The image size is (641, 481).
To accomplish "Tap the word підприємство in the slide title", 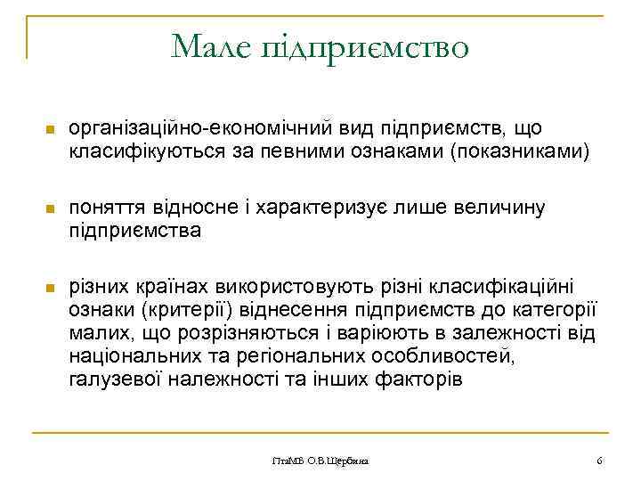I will [x=367, y=46].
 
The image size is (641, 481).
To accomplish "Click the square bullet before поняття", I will [x=50, y=209].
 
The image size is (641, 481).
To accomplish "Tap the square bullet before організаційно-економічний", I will [x=50, y=132].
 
